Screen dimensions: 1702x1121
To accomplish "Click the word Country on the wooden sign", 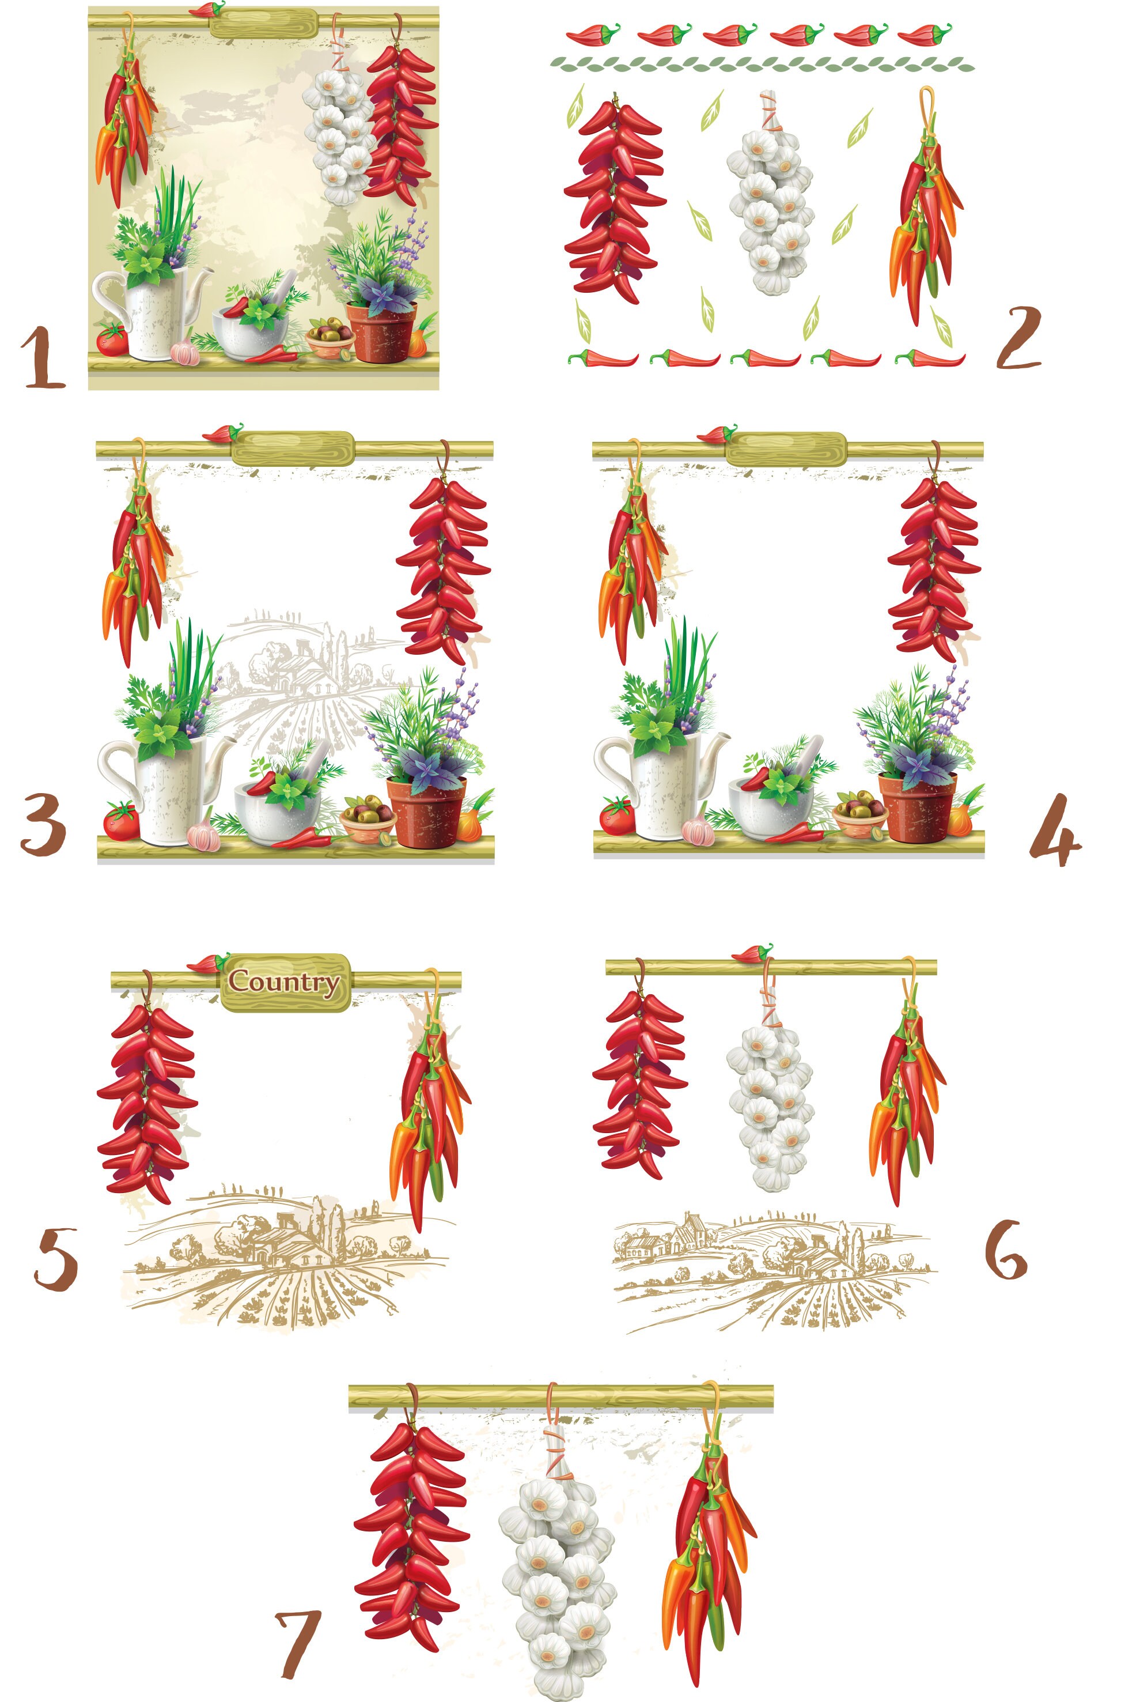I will (x=284, y=982).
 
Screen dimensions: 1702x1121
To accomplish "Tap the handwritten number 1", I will (x=43, y=357).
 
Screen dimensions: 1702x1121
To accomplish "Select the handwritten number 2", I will (x=1018, y=338).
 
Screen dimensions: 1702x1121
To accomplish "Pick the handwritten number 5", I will (x=56, y=1260).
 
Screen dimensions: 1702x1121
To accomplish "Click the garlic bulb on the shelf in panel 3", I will (x=204, y=835).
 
